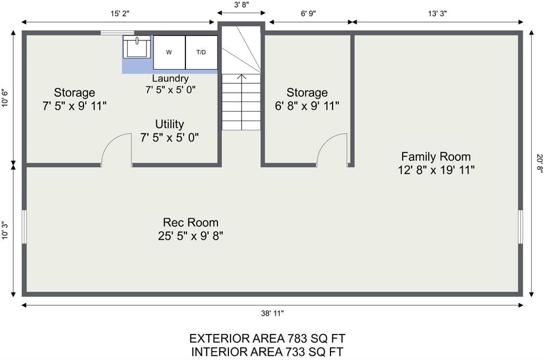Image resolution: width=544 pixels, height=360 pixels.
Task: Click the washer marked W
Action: click(169, 53)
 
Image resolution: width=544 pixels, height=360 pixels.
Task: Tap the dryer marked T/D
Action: click(201, 53)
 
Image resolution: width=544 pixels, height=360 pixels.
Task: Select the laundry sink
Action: click(137, 47)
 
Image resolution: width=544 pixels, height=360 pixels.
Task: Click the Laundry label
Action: click(171, 79)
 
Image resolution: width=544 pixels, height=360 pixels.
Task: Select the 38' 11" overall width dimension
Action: click(273, 313)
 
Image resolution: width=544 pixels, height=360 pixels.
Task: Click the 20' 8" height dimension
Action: click(539, 163)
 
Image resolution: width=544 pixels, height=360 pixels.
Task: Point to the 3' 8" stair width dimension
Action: click(242, 5)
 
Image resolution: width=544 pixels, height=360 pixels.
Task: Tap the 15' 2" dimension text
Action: click(120, 14)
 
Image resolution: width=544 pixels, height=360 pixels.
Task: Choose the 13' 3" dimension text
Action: click(437, 14)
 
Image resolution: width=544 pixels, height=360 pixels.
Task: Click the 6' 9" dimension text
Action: click(308, 14)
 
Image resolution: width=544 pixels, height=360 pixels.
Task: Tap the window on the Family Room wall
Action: click(521, 227)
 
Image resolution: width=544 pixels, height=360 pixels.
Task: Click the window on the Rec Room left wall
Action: click(24, 227)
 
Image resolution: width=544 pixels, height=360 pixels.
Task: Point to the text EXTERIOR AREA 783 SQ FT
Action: click(267, 338)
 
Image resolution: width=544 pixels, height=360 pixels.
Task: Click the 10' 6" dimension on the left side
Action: click(5, 98)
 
